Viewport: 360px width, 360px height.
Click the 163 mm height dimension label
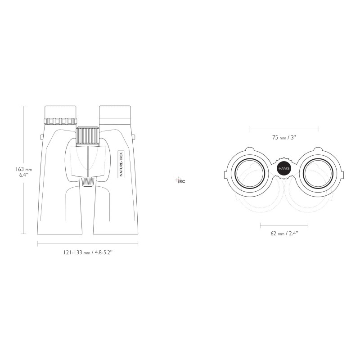click(x=24, y=172)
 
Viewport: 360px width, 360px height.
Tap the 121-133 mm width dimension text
click(x=88, y=252)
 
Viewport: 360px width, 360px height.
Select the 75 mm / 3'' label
click(x=284, y=138)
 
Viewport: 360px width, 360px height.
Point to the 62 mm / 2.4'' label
click(x=284, y=234)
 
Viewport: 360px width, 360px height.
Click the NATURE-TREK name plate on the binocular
click(x=121, y=164)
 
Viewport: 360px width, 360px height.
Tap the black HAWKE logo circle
click(x=284, y=168)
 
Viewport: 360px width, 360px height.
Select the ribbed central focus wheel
click(x=87, y=136)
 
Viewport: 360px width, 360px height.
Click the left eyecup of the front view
click(x=60, y=112)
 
